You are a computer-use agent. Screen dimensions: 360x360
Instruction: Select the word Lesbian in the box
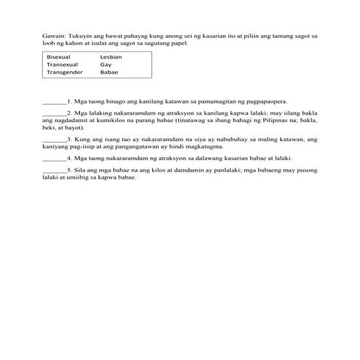(111, 56)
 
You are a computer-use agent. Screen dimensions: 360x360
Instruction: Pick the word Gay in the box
(106, 64)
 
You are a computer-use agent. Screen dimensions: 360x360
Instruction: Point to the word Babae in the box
(109, 72)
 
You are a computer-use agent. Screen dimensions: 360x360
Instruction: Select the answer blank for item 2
(54, 113)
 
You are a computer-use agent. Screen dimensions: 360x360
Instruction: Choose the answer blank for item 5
(54, 169)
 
